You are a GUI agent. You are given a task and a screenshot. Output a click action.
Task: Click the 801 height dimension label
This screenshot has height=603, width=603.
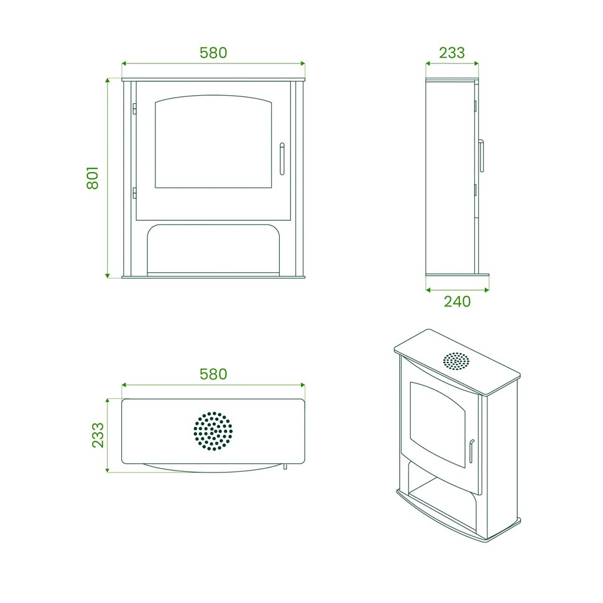[93, 178]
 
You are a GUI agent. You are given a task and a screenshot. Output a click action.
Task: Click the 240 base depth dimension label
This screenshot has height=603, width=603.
[458, 301]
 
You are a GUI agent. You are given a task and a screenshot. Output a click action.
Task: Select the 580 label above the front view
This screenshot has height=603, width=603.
[213, 53]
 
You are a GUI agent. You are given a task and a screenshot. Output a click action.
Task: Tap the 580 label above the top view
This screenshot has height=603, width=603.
[213, 374]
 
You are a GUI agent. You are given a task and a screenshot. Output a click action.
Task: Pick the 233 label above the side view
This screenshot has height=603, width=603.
[452, 53]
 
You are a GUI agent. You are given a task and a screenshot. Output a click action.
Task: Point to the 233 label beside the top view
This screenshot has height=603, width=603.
[98, 435]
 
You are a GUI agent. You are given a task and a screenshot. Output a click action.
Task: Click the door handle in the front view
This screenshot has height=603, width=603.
[282, 159]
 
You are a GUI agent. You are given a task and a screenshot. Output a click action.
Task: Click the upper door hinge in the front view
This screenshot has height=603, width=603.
[135, 109]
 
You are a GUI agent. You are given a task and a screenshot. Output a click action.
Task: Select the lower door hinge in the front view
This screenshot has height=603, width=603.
[135, 193]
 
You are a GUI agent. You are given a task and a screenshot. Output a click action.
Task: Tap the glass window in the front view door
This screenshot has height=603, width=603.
[213, 142]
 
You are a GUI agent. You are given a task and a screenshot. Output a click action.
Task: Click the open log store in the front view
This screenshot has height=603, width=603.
[213, 249]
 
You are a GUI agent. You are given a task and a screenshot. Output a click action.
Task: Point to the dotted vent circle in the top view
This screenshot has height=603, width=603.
[213, 431]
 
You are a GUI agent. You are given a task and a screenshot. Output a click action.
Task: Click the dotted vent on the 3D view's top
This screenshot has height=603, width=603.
[456, 361]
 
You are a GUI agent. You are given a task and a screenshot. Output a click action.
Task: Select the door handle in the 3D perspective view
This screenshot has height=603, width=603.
[471, 451]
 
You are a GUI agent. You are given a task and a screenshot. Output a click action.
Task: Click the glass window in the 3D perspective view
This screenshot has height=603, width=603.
[438, 424]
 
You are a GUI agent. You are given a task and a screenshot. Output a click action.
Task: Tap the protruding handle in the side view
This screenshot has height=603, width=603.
[481, 156]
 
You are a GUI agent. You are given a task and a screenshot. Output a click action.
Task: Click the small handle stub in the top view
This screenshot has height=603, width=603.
[285, 466]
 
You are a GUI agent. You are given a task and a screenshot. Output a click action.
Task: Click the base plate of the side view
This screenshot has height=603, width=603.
[458, 276]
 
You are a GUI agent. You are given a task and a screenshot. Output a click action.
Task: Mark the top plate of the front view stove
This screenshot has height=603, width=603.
[213, 80]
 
